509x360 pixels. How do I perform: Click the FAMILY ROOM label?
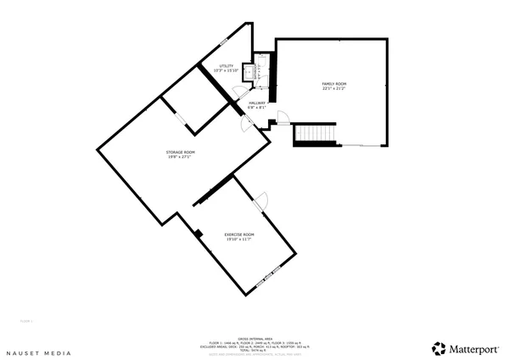click(333, 83)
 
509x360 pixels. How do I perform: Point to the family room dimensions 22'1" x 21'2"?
click(333, 87)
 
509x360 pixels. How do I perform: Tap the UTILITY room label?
click(226, 65)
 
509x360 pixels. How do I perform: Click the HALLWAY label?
click(257, 103)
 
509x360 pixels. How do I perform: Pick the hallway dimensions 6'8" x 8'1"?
click(257, 108)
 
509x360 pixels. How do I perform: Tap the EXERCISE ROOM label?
click(238, 234)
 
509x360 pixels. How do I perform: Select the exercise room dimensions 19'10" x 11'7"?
click(238, 239)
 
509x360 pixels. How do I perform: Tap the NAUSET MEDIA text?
click(39, 350)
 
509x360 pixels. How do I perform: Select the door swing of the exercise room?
click(261, 200)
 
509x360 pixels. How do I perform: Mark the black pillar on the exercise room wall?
click(198, 233)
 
